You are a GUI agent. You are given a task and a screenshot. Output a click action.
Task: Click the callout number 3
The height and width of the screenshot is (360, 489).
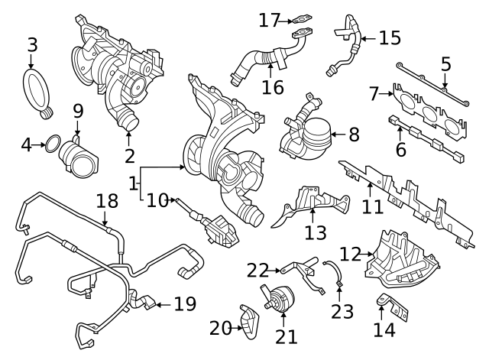coord(32,44)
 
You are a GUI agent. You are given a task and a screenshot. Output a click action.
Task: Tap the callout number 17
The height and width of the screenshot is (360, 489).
coord(269,20)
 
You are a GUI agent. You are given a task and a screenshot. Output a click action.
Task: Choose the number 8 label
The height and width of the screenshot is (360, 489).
coord(353,135)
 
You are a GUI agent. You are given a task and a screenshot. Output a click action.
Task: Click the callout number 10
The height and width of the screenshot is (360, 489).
coord(157,200)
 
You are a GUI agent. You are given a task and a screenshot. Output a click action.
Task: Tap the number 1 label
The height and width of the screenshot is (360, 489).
coord(133,183)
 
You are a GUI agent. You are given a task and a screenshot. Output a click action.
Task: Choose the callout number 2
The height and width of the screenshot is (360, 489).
coord(128,157)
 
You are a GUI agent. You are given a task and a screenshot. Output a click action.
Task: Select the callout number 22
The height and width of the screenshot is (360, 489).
coord(257,269)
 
